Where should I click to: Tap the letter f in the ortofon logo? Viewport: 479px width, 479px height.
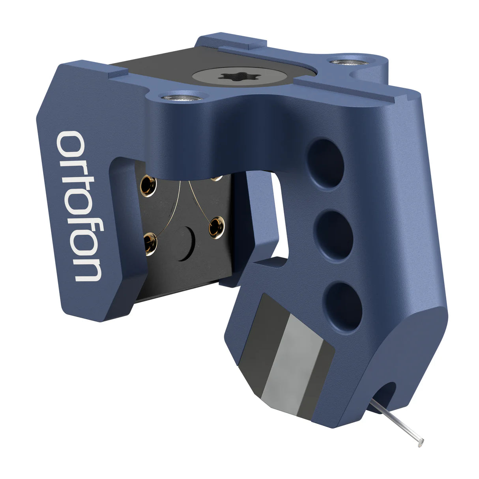coord(81,226)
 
